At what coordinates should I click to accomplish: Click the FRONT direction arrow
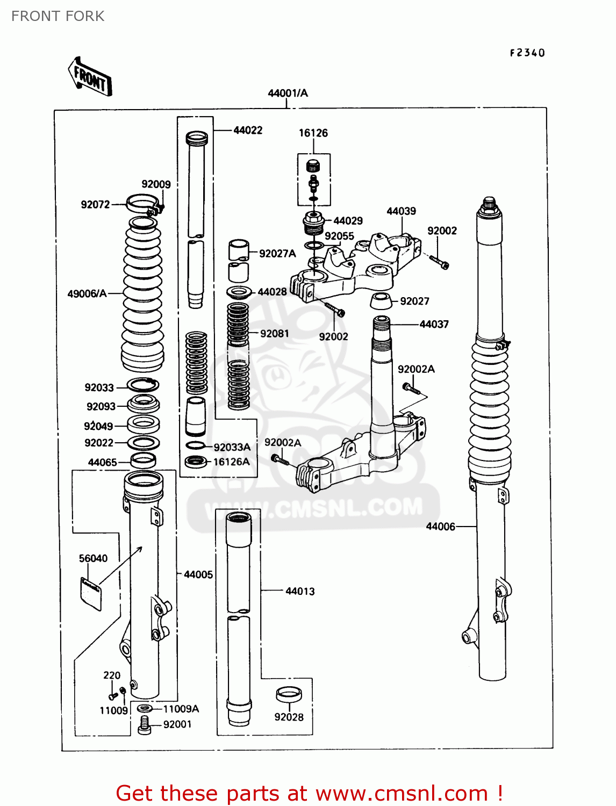[x=90, y=77]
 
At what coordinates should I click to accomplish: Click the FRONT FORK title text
[x=58, y=16]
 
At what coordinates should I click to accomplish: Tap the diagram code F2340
[x=527, y=53]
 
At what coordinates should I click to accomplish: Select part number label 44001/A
[x=288, y=93]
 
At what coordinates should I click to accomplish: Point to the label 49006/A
[x=87, y=293]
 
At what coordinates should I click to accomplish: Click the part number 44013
[x=300, y=591]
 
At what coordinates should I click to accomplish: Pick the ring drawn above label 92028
[x=289, y=694]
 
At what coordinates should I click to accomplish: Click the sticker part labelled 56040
[x=91, y=592]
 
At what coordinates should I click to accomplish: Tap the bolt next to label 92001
[x=144, y=725]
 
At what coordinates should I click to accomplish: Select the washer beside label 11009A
[x=144, y=709]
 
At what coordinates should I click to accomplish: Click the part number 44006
[x=440, y=527]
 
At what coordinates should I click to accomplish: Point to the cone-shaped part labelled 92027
[x=381, y=301]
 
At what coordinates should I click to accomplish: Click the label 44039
[x=401, y=211]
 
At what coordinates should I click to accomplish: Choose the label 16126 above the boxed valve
[x=313, y=133]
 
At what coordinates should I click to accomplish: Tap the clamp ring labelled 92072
[x=143, y=204]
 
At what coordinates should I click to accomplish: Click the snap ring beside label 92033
[x=143, y=385]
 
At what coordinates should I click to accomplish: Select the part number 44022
[x=248, y=130]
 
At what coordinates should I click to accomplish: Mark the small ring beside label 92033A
[x=195, y=445]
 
